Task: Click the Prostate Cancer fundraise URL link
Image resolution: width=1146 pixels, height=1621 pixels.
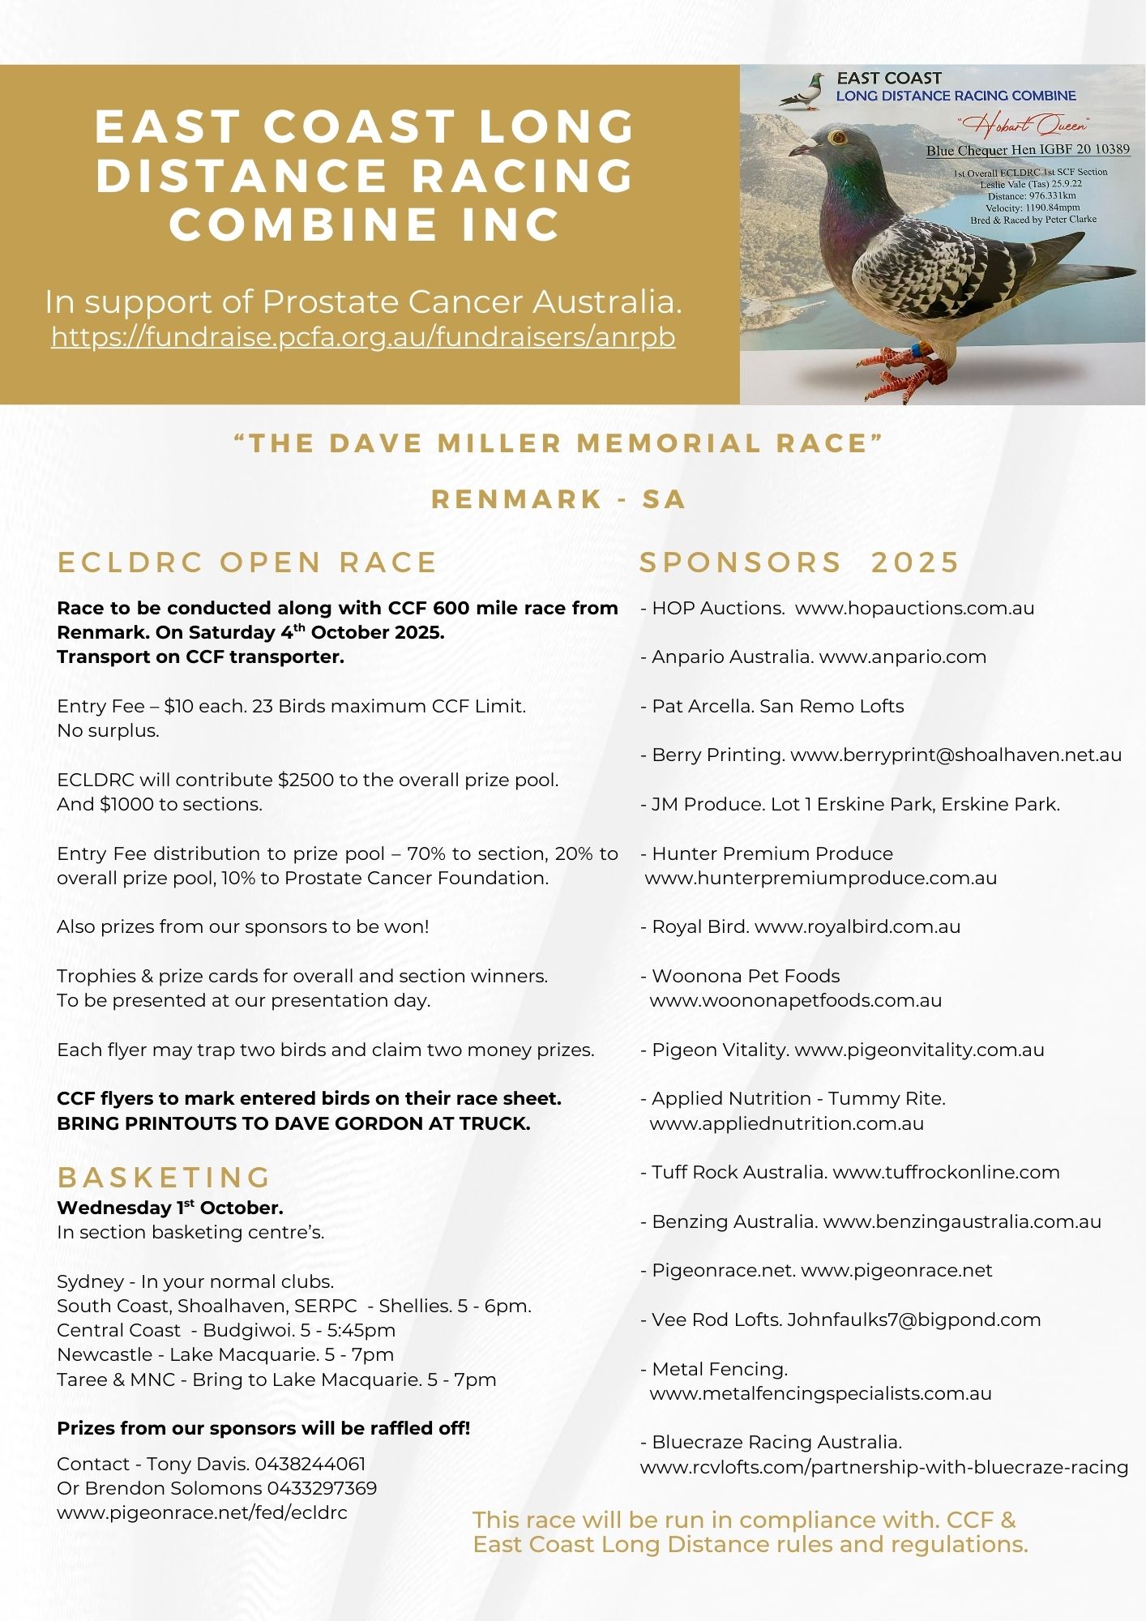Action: click(363, 336)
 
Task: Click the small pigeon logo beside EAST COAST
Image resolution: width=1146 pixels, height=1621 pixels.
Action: click(801, 92)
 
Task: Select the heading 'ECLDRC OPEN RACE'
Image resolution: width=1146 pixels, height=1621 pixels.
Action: click(247, 562)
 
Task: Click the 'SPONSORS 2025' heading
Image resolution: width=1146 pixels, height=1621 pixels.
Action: click(799, 562)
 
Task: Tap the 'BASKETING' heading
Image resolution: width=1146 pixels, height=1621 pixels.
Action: click(165, 1177)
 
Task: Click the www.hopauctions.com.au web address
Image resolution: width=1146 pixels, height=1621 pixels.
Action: click(914, 608)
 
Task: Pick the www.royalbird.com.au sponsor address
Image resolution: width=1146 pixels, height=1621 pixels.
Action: click(857, 926)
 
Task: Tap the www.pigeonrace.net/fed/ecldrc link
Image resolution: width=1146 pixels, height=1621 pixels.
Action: click(202, 1512)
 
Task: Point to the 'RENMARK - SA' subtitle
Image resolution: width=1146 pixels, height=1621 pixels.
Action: click(558, 499)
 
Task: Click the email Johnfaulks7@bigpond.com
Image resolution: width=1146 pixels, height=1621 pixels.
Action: click(913, 1319)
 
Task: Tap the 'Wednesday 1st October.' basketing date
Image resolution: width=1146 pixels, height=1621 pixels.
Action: click(170, 1208)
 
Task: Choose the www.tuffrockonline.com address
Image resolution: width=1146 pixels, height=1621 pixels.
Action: click(946, 1172)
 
